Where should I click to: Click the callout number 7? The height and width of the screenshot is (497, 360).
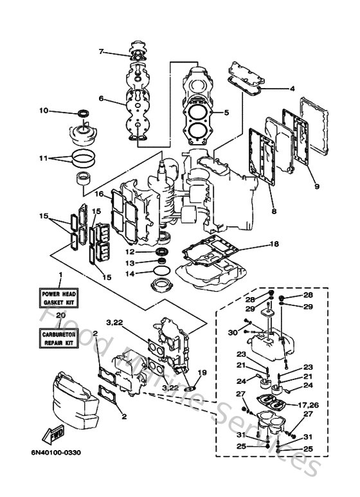point(101,51)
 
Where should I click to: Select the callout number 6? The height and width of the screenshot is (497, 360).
point(101,98)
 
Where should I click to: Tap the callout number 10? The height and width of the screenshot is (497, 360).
point(62,111)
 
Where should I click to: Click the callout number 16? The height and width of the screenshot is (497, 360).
point(100,194)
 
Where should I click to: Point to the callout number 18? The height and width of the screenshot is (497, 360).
point(274,244)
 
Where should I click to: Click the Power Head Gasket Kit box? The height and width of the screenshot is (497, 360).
point(59,298)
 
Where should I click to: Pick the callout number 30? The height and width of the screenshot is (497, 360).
point(232,332)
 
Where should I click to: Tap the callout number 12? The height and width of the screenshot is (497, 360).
point(129,251)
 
